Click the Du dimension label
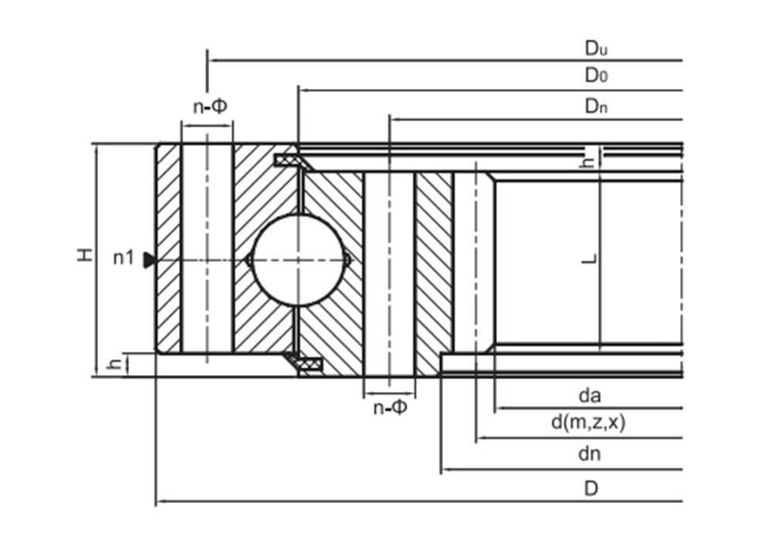595,49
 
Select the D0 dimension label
595,76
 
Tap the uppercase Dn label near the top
595,107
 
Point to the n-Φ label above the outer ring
209,107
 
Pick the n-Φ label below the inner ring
390,407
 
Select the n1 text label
124,259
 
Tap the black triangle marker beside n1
150,261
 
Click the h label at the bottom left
114,363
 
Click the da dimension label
590,396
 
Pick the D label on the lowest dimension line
591,488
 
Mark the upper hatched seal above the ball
291,161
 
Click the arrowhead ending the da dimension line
499,407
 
